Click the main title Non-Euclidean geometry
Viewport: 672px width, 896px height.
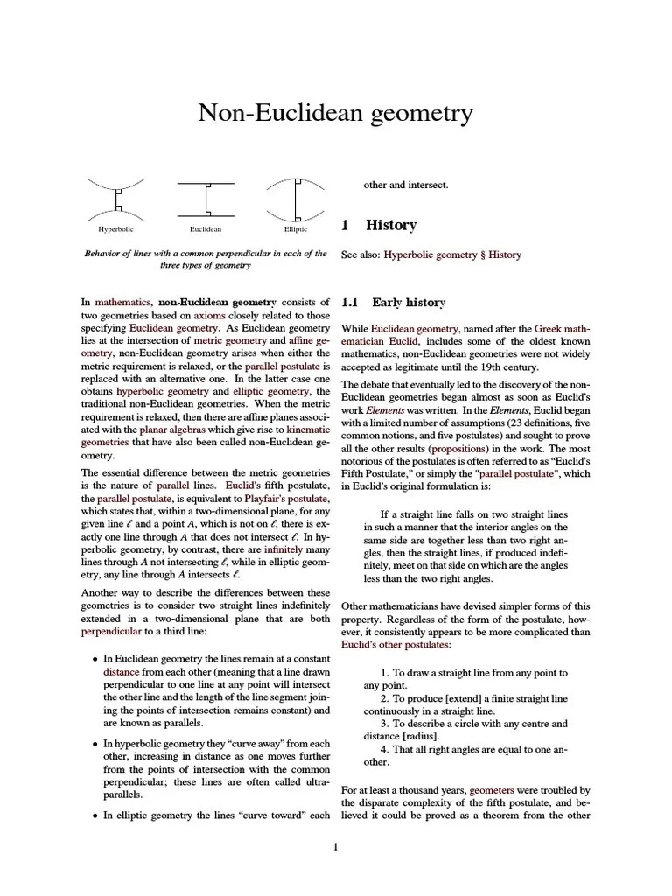tap(336, 114)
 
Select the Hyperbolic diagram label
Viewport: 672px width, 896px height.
tap(115, 230)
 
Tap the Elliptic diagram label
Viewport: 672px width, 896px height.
tap(295, 230)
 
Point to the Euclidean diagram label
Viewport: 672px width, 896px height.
tap(206, 230)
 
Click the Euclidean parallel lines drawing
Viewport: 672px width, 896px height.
tap(206, 199)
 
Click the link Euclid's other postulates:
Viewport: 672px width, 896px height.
tap(395, 644)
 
